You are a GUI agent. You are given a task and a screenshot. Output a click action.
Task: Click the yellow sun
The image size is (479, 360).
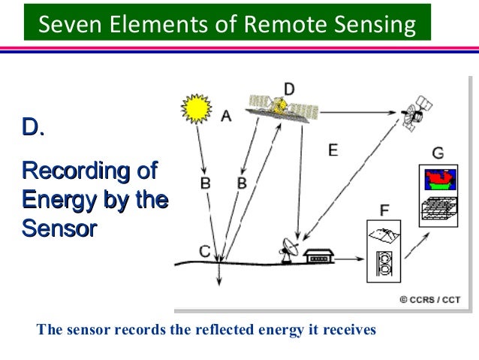[197, 110]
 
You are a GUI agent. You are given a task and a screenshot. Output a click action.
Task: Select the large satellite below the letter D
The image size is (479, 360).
[284, 108]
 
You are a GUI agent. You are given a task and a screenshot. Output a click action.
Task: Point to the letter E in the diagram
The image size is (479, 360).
[333, 150]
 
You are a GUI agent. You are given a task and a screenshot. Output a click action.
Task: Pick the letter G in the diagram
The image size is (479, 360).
[438, 153]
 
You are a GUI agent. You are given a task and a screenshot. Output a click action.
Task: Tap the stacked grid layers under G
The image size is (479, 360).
[438, 207]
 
